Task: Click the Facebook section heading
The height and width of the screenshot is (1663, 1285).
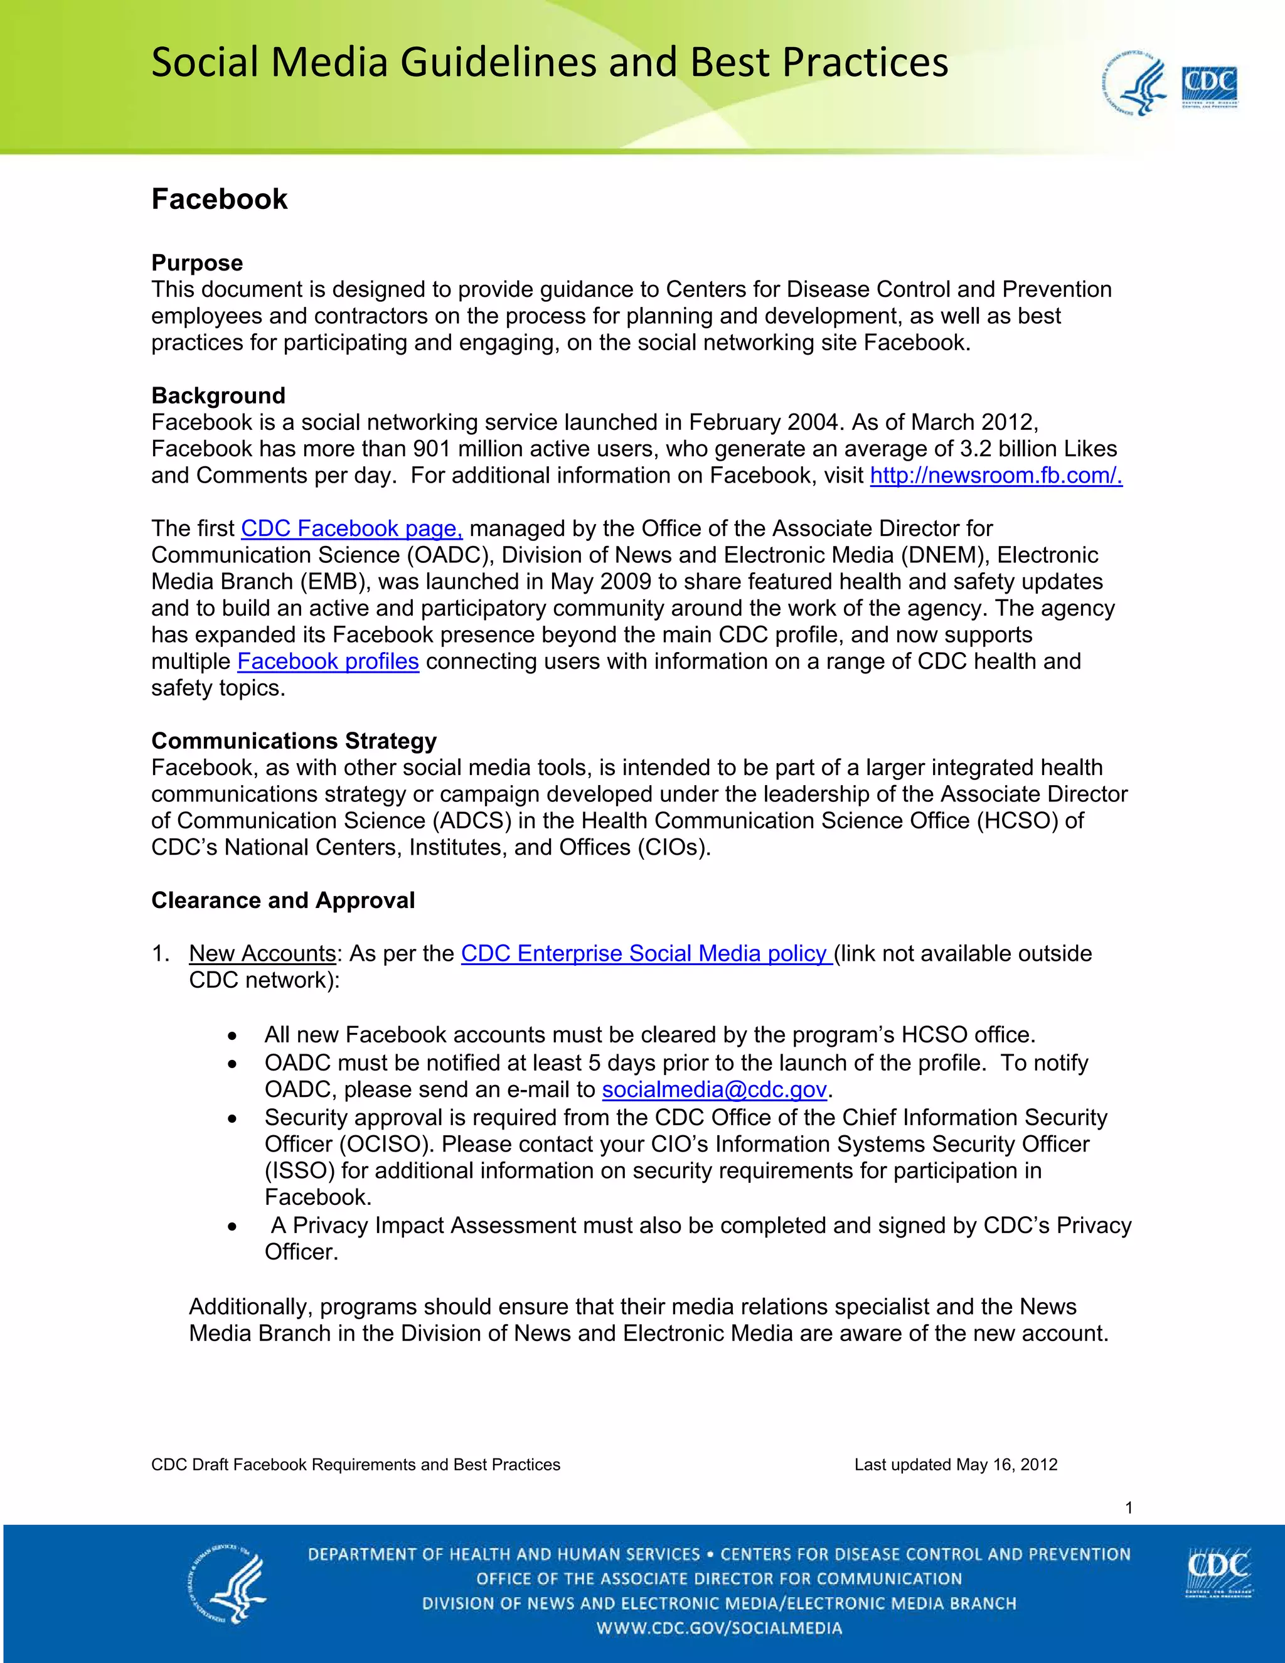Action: [219, 200]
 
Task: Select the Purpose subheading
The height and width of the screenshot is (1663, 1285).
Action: [197, 263]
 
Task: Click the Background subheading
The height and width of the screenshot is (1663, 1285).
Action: [218, 395]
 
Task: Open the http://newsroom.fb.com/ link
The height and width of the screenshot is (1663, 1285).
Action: [996, 475]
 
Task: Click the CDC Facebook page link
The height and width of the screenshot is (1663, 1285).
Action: [352, 528]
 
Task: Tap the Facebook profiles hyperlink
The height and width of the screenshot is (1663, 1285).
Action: [328, 661]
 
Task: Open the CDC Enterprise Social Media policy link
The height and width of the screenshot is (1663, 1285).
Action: [646, 953]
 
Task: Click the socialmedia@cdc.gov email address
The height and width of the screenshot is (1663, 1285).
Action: [714, 1089]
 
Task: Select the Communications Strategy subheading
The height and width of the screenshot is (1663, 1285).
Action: [294, 741]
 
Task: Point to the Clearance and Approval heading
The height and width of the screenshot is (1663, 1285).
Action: [283, 900]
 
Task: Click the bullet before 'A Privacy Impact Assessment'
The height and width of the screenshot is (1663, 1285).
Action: [232, 1227]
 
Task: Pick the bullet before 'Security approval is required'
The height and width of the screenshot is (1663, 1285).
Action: [232, 1118]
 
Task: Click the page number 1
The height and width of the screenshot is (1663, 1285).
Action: [1129, 1507]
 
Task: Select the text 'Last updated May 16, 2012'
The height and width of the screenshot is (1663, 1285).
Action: [956, 1464]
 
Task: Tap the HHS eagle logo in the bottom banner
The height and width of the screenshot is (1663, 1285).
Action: [227, 1588]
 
